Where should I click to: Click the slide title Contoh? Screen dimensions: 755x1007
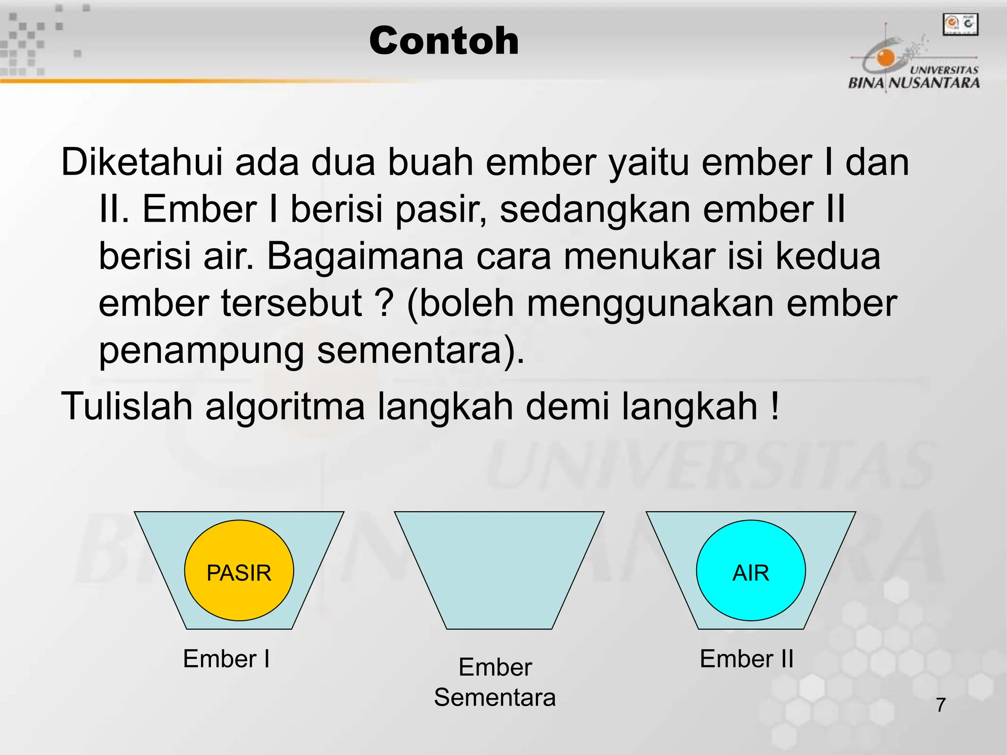tap(444, 41)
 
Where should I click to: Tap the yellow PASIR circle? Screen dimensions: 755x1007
tap(239, 571)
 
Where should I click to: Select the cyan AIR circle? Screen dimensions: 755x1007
tap(750, 571)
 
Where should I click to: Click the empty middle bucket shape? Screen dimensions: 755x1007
tap(499, 570)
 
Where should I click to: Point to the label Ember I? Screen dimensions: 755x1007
tap(226, 659)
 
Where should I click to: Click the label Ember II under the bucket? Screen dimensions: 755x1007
tap(746, 659)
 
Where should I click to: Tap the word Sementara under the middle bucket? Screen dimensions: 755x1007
tap(495, 697)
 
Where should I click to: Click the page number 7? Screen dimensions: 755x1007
tap(941, 705)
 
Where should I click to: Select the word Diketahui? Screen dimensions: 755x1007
tap(142, 162)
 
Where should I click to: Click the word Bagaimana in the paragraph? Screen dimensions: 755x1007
tap(365, 257)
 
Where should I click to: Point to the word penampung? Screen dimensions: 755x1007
tap(201, 351)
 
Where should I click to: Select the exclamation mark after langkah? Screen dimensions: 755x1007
tap(775, 407)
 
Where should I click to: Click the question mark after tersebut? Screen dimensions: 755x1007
tap(386, 304)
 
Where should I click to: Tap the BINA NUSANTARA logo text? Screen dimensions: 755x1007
tap(914, 83)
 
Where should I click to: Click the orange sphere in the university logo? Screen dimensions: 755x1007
tap(886, 57)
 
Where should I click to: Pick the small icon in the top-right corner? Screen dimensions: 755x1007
tap(960, 25)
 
